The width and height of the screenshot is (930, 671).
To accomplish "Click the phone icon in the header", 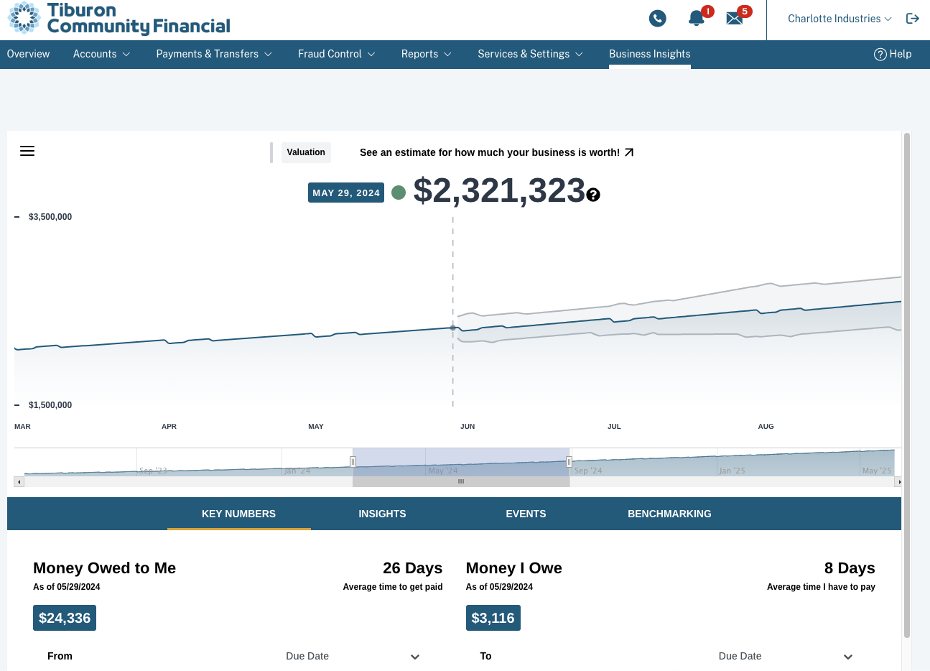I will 657,19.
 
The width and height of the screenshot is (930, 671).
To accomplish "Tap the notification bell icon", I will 696,19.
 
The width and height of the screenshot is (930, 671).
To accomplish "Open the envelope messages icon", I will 734,19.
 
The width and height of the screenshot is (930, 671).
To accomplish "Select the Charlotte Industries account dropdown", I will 839,19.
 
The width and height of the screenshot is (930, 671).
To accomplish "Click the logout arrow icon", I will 913,19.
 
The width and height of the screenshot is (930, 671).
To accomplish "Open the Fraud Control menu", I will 336,54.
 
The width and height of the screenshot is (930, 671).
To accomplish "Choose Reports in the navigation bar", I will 426,54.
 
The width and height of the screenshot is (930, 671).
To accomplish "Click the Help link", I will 893,54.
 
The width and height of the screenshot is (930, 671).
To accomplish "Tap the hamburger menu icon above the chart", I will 27,151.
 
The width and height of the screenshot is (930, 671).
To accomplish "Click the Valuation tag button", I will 306,152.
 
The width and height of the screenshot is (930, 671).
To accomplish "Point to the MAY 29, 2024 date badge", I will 346,193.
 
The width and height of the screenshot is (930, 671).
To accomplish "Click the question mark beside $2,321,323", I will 593,195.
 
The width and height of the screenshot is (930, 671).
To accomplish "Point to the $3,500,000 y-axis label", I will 50,217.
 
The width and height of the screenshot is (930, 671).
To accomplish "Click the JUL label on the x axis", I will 614,427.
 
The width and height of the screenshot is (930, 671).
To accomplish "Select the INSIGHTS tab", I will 382,514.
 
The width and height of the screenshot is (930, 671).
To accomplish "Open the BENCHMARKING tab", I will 669,514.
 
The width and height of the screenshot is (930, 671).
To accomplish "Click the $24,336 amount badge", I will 65,618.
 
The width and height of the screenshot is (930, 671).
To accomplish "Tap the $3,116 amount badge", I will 493,618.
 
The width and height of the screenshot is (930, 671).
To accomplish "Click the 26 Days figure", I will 412,568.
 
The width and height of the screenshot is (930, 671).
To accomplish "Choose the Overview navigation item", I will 29,54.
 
